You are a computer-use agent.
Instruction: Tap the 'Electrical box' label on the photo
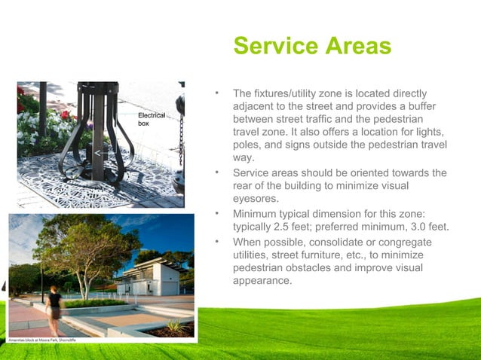point(150,119)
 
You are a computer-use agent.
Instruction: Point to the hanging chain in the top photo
point(180,136)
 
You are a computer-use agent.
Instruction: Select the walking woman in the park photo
point(54,310)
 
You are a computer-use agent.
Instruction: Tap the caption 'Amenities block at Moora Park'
point(42,341)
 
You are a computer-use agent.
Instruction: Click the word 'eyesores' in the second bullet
point(256,200)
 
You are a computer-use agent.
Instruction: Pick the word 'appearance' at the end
point(262,281)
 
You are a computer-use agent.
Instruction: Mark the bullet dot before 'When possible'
point(216,242)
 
